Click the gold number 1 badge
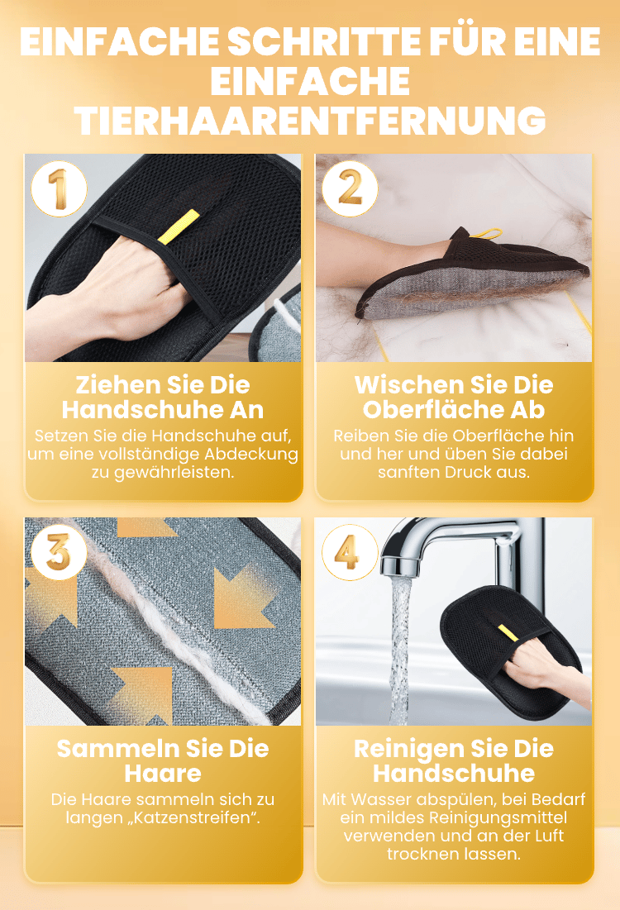click(59, 189)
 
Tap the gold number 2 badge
click(350, 189)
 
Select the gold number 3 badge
click(59, 552)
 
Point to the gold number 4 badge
click(350, 552)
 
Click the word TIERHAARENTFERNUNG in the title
click(311, 121)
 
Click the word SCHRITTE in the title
click(325, 41)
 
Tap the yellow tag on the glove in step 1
click(179, 227)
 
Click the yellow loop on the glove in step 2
click(486, 233)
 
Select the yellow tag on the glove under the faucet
click(508, 632)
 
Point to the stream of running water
click(401, 650)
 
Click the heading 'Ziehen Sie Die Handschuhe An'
click(163, 397)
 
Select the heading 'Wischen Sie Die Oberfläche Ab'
click(454, 397)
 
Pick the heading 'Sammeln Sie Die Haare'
click(163, 761)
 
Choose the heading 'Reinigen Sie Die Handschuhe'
click(454, 761)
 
